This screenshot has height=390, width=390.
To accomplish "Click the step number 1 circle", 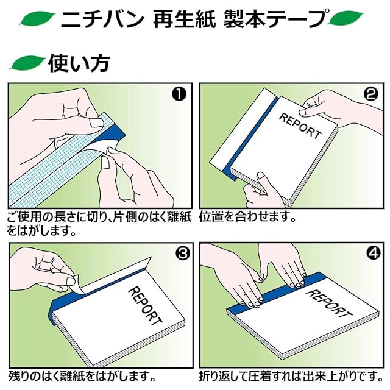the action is coord(179,94).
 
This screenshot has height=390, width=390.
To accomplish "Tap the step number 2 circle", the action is coord(371,94).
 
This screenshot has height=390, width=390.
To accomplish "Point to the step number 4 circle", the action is coord(374,253).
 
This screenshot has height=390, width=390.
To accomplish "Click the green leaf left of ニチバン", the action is coord(38,19).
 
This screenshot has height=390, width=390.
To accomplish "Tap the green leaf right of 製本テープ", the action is coord(346,18).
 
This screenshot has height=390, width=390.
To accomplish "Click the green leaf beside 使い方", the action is coord(27,62).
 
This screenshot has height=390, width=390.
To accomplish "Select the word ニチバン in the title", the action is coord(102,19).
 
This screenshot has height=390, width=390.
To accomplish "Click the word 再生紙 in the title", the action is coord(184,19).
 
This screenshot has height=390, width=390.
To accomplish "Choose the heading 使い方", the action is coord(79,63).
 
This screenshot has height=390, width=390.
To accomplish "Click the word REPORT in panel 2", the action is coord(300,126).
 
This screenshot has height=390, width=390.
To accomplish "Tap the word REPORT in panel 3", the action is coord(146,306).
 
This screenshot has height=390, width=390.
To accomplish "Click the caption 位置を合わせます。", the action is coord(247,216).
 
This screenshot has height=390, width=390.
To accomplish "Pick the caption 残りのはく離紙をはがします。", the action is coord(82,377).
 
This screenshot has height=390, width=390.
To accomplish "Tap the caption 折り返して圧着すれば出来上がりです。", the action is coord(291,377).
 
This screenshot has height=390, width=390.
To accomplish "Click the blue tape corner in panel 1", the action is coord(117,133).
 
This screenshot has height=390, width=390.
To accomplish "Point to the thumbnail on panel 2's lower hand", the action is coord(261,177).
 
